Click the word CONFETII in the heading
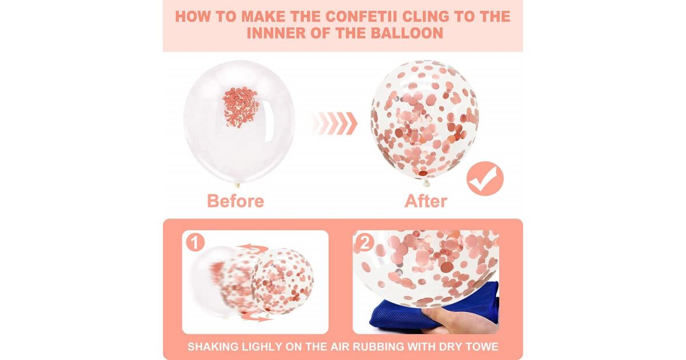coord(361,17)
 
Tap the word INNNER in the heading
coord(276,33)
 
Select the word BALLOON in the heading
coord(407,33)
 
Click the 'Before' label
coord(236,201)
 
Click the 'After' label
coord(426,201)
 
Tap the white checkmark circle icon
coord(485,179)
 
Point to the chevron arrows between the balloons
coord(335,123)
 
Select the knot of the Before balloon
coord(237,185)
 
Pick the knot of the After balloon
coord(426,183)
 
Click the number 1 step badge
coord(195,242)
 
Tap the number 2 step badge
coord(365,242)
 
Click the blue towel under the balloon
coord(435,309)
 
